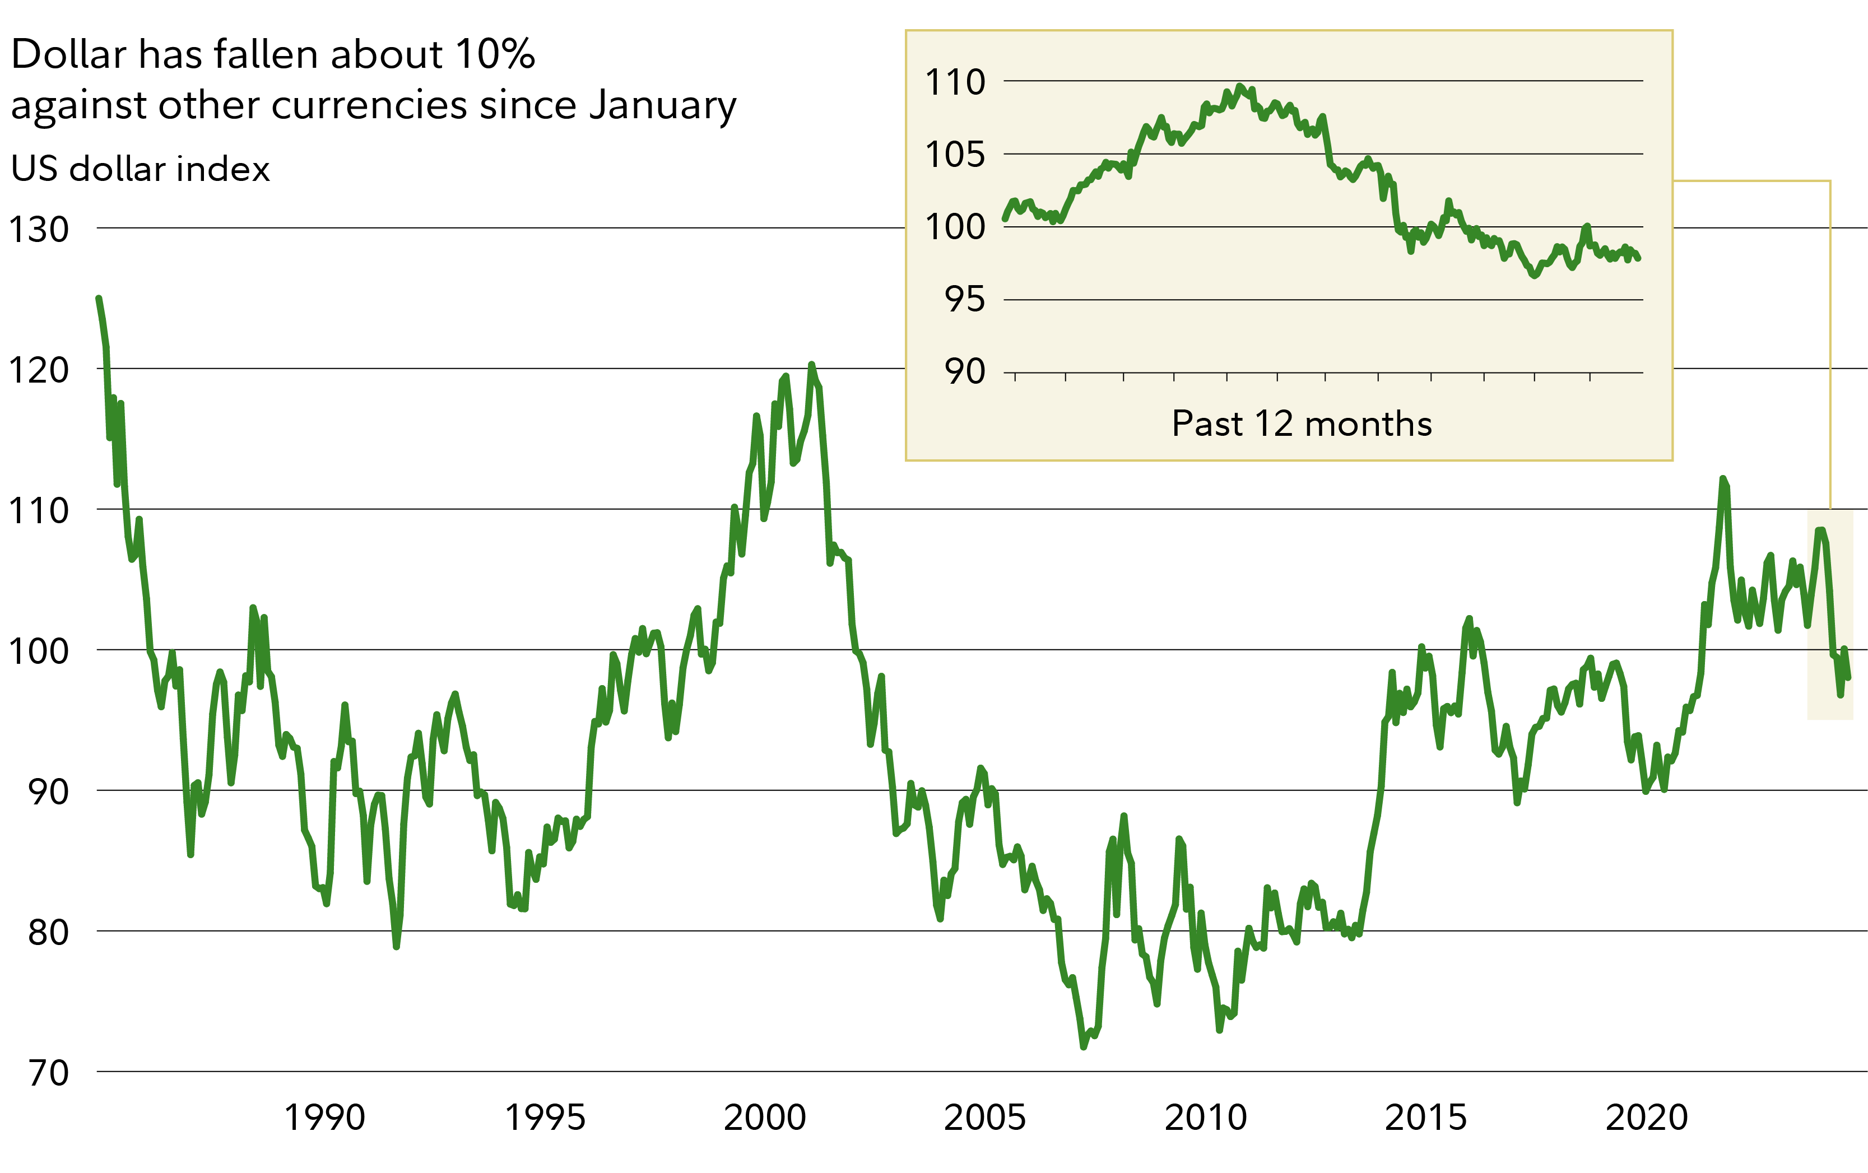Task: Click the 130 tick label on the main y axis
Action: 38,230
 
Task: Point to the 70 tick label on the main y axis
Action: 48,1074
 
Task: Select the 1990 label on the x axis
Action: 324,1118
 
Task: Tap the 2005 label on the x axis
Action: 984,1118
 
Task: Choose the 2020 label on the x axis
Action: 1646,1118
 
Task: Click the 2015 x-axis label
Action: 1426,1118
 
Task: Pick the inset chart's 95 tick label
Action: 964,300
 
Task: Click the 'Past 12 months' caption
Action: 1302,423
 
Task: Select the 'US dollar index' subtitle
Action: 141,169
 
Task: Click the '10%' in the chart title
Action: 495,54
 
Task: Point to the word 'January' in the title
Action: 662,105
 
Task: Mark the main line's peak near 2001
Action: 811,364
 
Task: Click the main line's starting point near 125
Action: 99,298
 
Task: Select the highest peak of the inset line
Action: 1240,86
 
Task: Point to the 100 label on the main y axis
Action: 38,651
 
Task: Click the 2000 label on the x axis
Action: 765,1118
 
